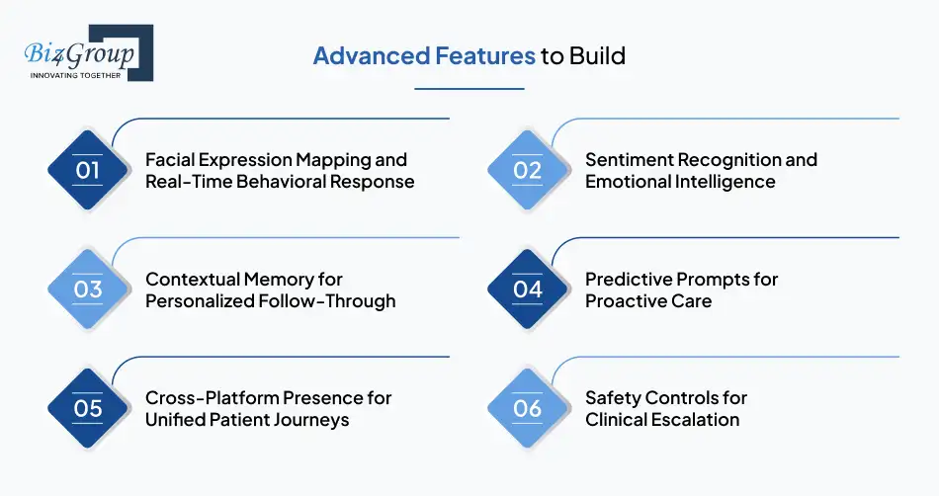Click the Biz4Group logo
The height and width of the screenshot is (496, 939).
coord(87,52)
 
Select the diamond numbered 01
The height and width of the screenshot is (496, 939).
coord(88,170)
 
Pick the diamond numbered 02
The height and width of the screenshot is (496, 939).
coord(528,170)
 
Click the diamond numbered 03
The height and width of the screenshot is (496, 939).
coord(88,289)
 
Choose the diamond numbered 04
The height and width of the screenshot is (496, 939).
coord(528,289)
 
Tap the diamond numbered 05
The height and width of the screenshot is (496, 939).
coord(88,408)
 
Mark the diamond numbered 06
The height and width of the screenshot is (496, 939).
coord(528,408)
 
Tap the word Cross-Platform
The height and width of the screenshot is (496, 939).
coord(212,398)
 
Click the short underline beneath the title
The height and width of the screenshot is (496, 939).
coord(469,89)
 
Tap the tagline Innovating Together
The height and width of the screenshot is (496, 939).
coord(75,75)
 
